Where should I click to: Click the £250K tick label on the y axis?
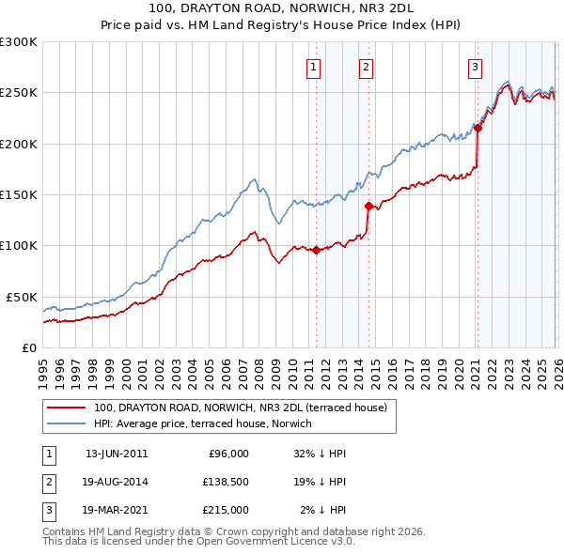pyautogui.click(x=19, y=93)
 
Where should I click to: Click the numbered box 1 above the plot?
pyautogui.click(x=312, y=67)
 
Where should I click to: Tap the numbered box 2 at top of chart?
pyautogui.click(x=365, y=67)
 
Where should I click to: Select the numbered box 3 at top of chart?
pyautogui.click(x=476, y=67)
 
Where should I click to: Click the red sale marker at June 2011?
pyautogui.click(x=316, y=250)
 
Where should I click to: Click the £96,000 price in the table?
pyautogui.click(x=227, y=454)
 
